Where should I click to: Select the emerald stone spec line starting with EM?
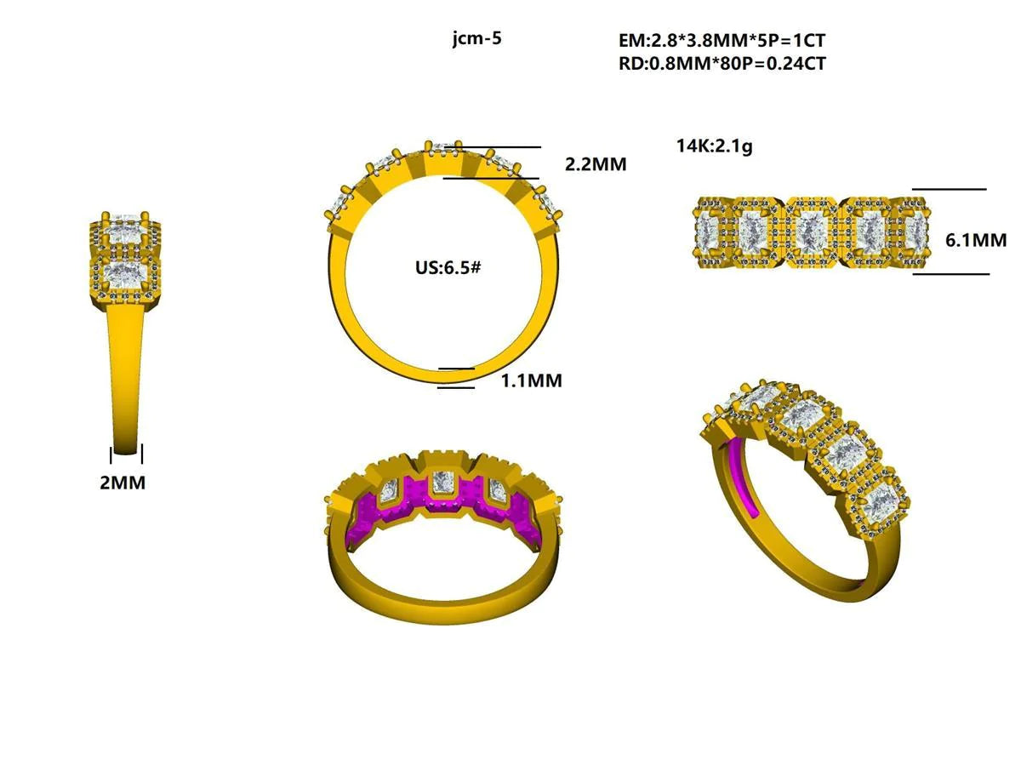click(722, 41)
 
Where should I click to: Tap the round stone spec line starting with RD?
click(722, 63)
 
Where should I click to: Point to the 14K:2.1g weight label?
click(714, 146)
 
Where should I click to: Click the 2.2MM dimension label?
click(596, 164)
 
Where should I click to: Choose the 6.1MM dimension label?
click(976, 240)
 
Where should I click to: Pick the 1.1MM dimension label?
click(531, 380)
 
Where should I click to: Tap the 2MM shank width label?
click(123, 483)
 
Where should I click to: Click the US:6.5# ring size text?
click(448, 267)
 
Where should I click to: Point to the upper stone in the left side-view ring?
click(125, 231)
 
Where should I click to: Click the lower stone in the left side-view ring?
click(125, 275)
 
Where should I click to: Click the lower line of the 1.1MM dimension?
click(456, 388)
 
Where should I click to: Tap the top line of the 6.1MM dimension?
click(949, 189)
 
